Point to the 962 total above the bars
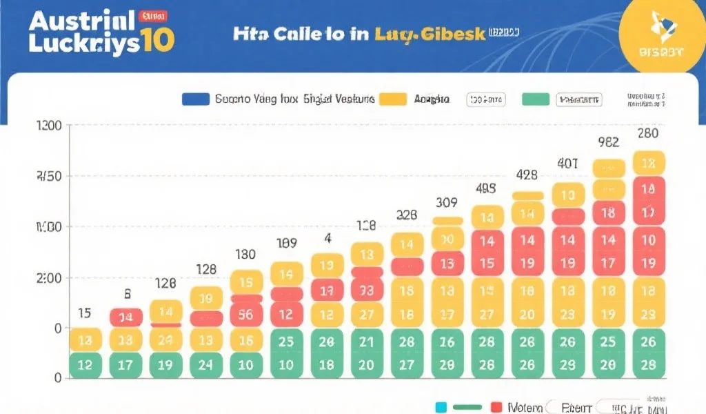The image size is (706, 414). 607,142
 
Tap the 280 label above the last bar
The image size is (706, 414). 647,133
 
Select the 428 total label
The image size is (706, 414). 527,175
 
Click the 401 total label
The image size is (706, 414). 567,164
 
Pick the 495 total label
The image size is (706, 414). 487,188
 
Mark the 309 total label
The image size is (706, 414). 447,203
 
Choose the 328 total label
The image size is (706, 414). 407,215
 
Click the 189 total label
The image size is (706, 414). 287,243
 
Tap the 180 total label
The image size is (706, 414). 245,255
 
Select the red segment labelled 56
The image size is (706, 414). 245,313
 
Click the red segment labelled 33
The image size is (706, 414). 367,290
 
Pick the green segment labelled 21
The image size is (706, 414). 367,342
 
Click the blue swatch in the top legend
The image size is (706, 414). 196,99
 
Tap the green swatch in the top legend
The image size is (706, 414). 536,99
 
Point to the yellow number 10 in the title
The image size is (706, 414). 157,41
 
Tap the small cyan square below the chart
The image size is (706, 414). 441,407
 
